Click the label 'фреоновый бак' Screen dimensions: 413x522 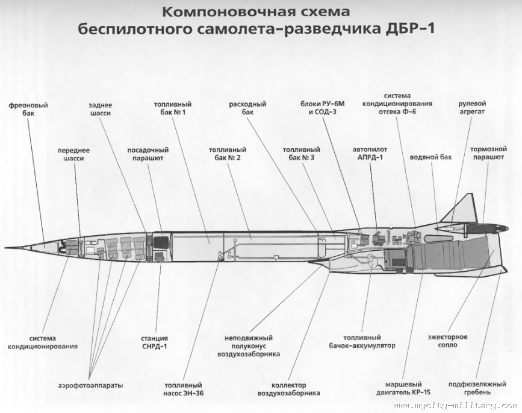click(28, 110)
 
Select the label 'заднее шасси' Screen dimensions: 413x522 click(101, 109)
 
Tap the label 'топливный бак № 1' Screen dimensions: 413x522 click(173, 109)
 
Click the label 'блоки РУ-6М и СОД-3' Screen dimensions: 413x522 click(323, 109)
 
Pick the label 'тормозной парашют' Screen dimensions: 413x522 click(488, 153)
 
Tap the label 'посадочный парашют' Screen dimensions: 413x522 click(148, 154)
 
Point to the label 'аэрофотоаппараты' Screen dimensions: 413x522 click(90, 385)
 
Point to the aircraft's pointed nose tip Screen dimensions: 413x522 click(6, 247)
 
